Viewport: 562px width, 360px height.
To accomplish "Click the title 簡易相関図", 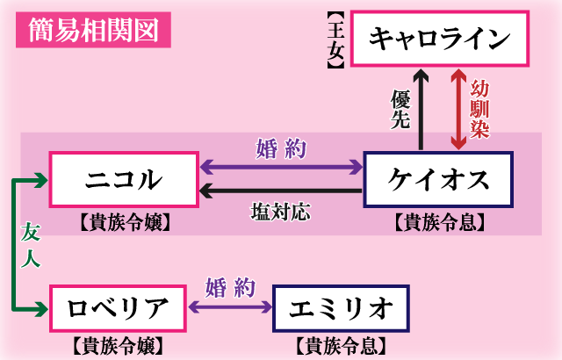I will pyautogui.click(x=92, y=32).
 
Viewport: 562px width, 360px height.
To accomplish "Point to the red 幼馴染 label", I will pyautogui.click(x=479, y=108).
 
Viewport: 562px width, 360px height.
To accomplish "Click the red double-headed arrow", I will pyautogui.click(x=457, y=108).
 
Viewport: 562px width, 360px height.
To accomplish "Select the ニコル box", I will pyautogui.click(x=124, y=179).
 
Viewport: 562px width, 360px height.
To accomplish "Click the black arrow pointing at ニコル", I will pyautogui.click(x=281, y=191).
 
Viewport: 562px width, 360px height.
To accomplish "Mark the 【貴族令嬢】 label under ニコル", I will pyautogui.click(x=124, y=222).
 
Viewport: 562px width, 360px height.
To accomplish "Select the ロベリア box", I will pyautogui.click(x=118, y=308).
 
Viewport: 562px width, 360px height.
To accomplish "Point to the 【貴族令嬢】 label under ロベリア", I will pyautogui.click(x=118, y=345).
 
